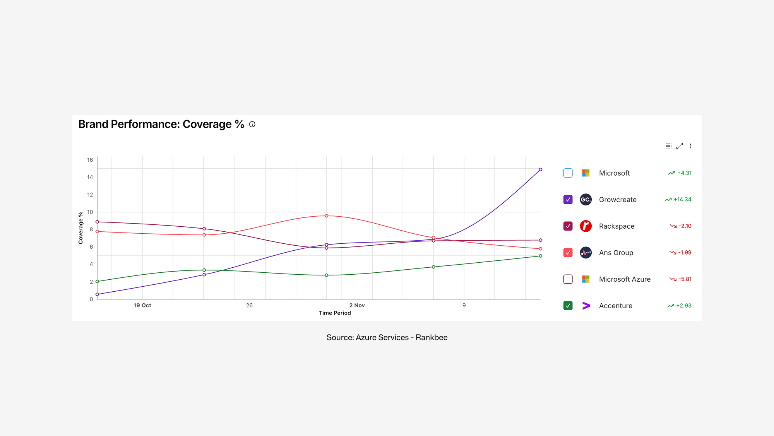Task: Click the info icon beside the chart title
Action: [x=252, y=124]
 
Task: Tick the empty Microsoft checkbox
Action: [x=568, y=173]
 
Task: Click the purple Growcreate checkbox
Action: [x=568, y=200]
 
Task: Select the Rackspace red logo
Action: [x=586, y=226]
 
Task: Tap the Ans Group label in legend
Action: [x=616, y=253]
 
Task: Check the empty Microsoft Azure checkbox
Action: [x=568, y=279]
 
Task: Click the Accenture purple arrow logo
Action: [x=586, y=306]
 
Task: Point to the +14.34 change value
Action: [x=682, y=200]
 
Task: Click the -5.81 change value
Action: [x=685, y=279]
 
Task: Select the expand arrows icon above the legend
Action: [x=680, y=146]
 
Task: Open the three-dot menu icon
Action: [x=690, y=146]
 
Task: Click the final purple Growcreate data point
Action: [x=540, y=169]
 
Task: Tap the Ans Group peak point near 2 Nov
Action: [x=326, y=216]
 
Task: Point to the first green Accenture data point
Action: [x=97, y=281]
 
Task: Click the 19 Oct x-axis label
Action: [x=142, y=305]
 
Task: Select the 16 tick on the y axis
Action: [x=90, y=160]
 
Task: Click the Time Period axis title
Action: [x=334, y=313]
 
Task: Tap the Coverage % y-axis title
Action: [x=80, y=227]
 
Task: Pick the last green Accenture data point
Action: [x=540, y=256]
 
